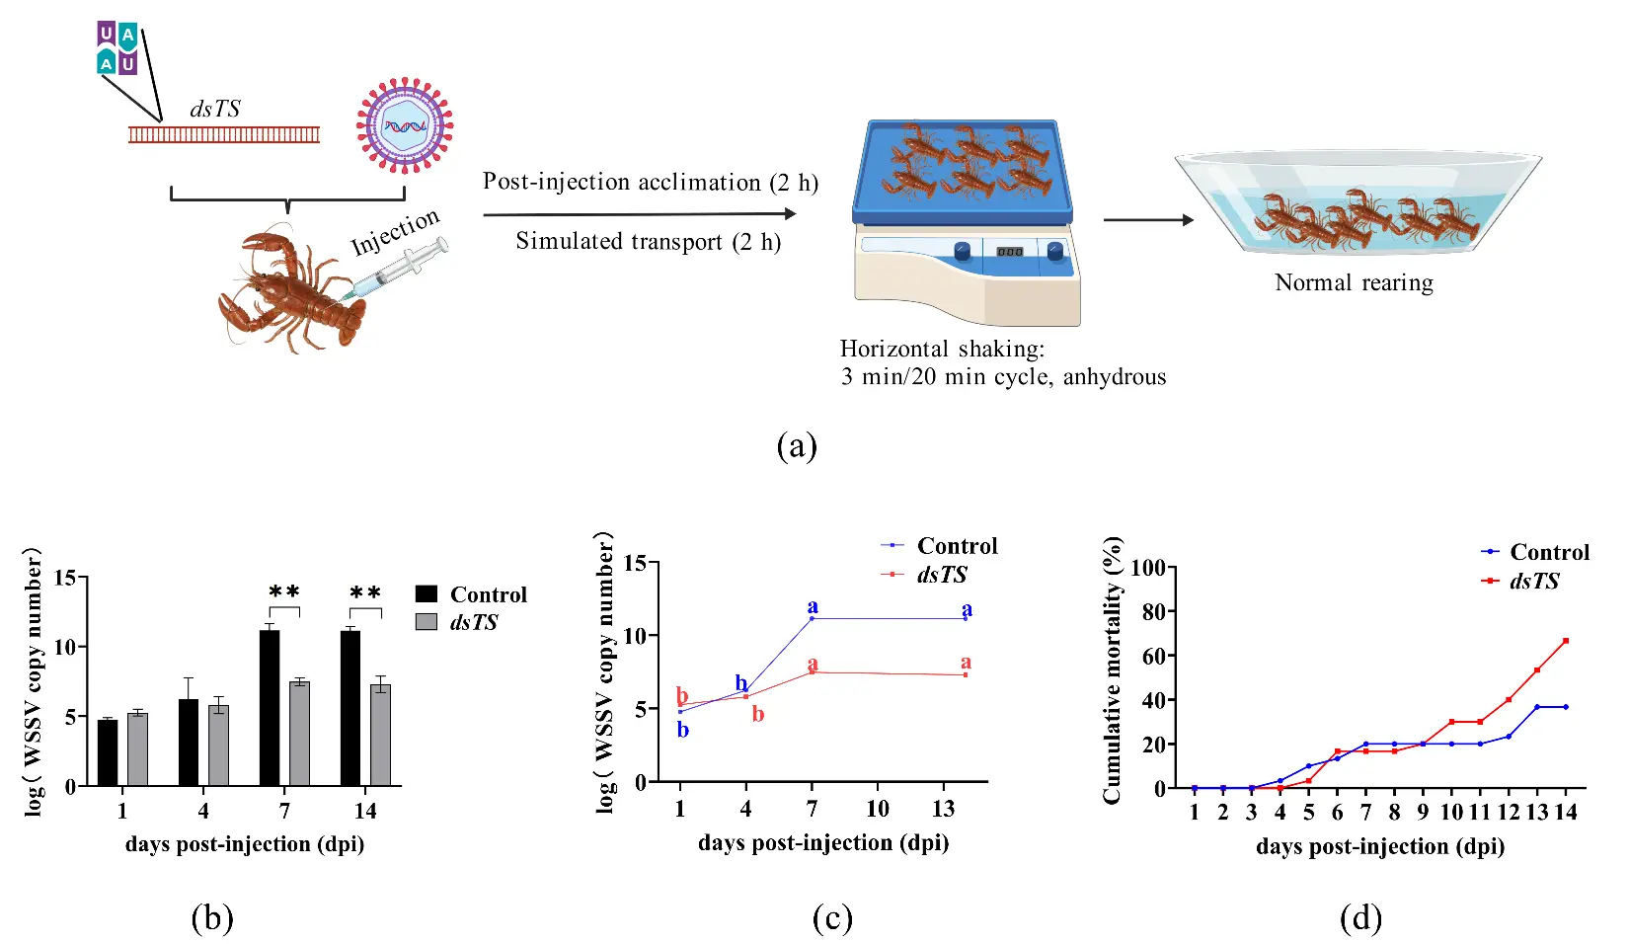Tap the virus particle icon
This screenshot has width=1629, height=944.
(x=405, y=125)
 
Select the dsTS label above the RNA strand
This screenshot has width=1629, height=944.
(x=214, y=109)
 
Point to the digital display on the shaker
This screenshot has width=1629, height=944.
(x=1009, y=252)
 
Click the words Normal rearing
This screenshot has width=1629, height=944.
(x=1354, y=283)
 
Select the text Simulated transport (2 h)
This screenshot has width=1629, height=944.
(x=648, y=242)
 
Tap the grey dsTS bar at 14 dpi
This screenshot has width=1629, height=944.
(x=380, y=735)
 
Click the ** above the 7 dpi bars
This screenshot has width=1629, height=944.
(x=284, y=592)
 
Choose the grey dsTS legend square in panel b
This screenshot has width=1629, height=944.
(x=427, y=622)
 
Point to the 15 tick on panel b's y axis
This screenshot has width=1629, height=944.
(x=64, y=578)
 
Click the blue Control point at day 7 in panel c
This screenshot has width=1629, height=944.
(x=812, y=618)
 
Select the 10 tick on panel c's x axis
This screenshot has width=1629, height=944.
(x=877, y=809)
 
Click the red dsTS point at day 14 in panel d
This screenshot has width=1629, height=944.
(x=1566, y=641)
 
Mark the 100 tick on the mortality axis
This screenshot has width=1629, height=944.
(x=1147, y=568)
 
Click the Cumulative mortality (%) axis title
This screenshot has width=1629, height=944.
(x=1113, y=669)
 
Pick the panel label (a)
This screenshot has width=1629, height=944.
(x=797, y=446)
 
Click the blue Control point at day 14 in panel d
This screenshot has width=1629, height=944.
(x=1566, y=707)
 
